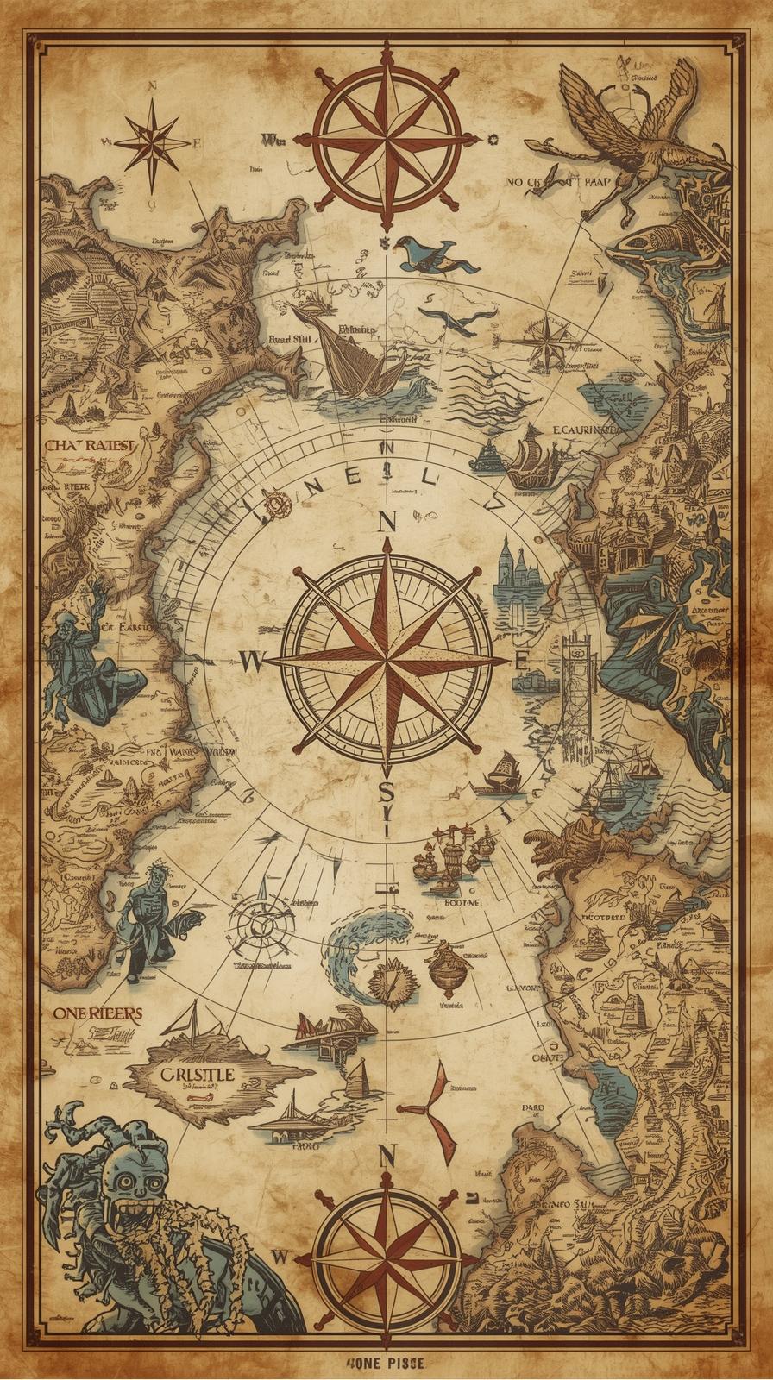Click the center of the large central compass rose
386,661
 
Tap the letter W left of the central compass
251,662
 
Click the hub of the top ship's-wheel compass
386,138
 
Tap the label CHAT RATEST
91,446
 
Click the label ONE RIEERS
97,1013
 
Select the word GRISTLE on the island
197,1075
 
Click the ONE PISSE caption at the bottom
386,1363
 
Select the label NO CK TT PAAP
558,183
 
